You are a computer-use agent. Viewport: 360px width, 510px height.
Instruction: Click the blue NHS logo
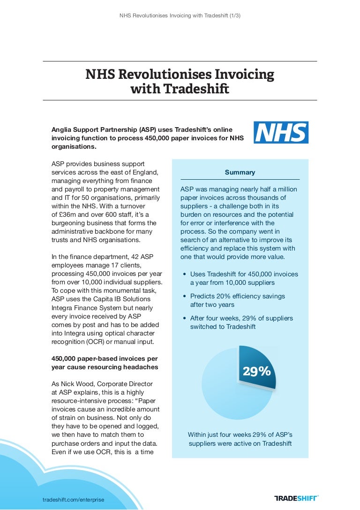pyautogui.click(x=281, y=132)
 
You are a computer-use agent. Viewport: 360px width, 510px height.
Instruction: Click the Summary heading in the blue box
pyautogui.click(x=240, y=172)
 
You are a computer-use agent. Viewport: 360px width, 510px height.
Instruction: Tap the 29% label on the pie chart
pyautogui.click(x=256, y=371)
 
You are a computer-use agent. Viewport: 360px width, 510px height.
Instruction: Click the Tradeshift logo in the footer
pyautogui.click(x=296, y=498)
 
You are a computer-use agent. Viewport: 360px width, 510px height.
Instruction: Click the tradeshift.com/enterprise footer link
pyautogui.click(x=74, y=500)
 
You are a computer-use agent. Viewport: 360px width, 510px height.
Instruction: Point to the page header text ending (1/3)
pyautogui.click(x=180, y=15)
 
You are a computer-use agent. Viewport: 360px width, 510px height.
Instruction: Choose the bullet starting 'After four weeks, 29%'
pyautogui.click(x=244, y=322)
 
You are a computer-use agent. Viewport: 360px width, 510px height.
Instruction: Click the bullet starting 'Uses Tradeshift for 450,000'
pyautogui.click(x=244, y=278)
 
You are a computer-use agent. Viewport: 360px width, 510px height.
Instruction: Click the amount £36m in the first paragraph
pyautogui.click(x=68, y=214)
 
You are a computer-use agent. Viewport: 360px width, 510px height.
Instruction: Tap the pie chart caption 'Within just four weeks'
pyautogui.click(x=240, y=439)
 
